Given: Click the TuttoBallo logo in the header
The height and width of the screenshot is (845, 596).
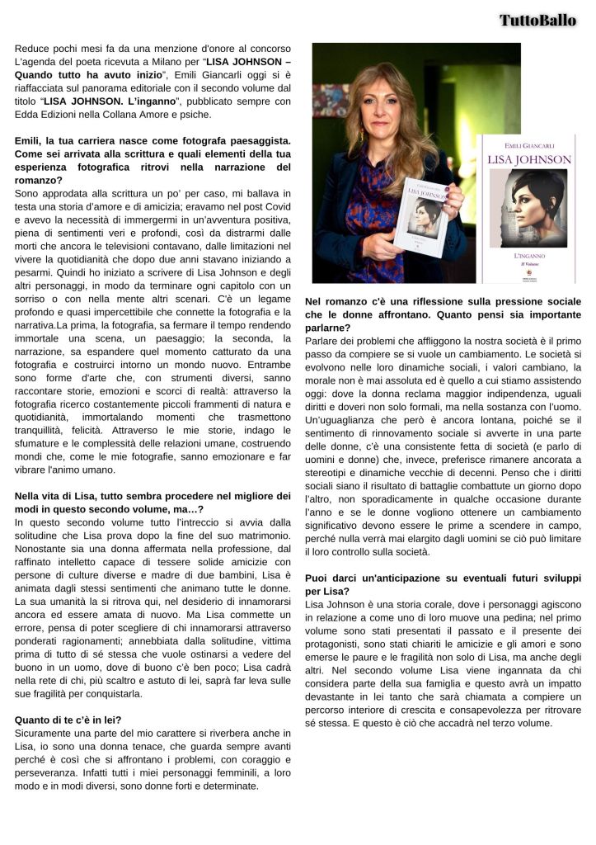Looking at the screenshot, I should click(x=537, y=20).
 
